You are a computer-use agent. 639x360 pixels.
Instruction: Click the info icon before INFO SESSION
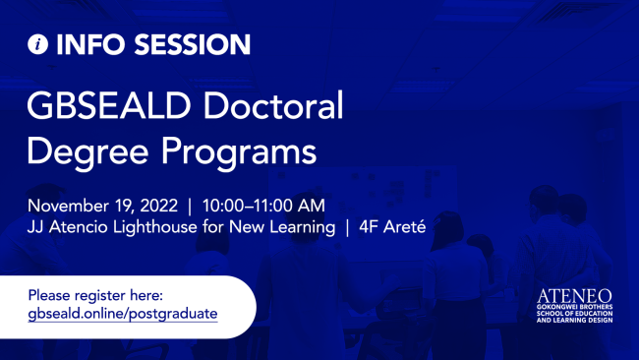(38, 45)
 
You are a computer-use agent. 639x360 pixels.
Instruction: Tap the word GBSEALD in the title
(103, 105)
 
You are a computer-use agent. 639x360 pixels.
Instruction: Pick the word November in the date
(71, 207)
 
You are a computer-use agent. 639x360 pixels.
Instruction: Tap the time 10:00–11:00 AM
(263, 207)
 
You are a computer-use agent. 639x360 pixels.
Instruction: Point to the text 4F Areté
(399, 228)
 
